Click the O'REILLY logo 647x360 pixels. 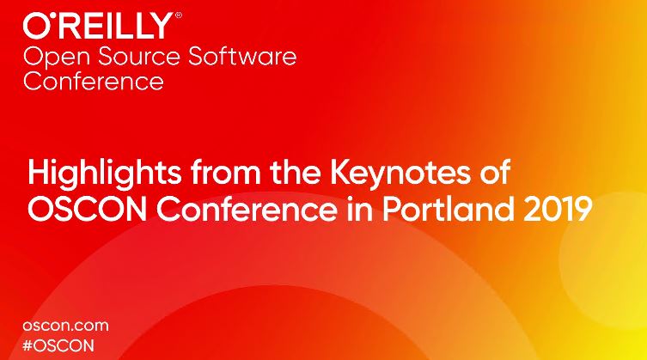point(98,26)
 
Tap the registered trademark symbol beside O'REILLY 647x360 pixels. point(178,15)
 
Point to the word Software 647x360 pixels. point(242,56)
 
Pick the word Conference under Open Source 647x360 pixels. point(94,81)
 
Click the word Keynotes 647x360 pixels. point(400,173)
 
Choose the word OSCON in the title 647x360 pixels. point(88,209)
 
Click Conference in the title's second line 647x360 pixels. point(247,209)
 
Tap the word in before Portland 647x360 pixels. point(359,209)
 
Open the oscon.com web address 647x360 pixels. point(65,326)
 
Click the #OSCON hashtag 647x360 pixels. point(58,345)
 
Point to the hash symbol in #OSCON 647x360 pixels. point(27,345)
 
